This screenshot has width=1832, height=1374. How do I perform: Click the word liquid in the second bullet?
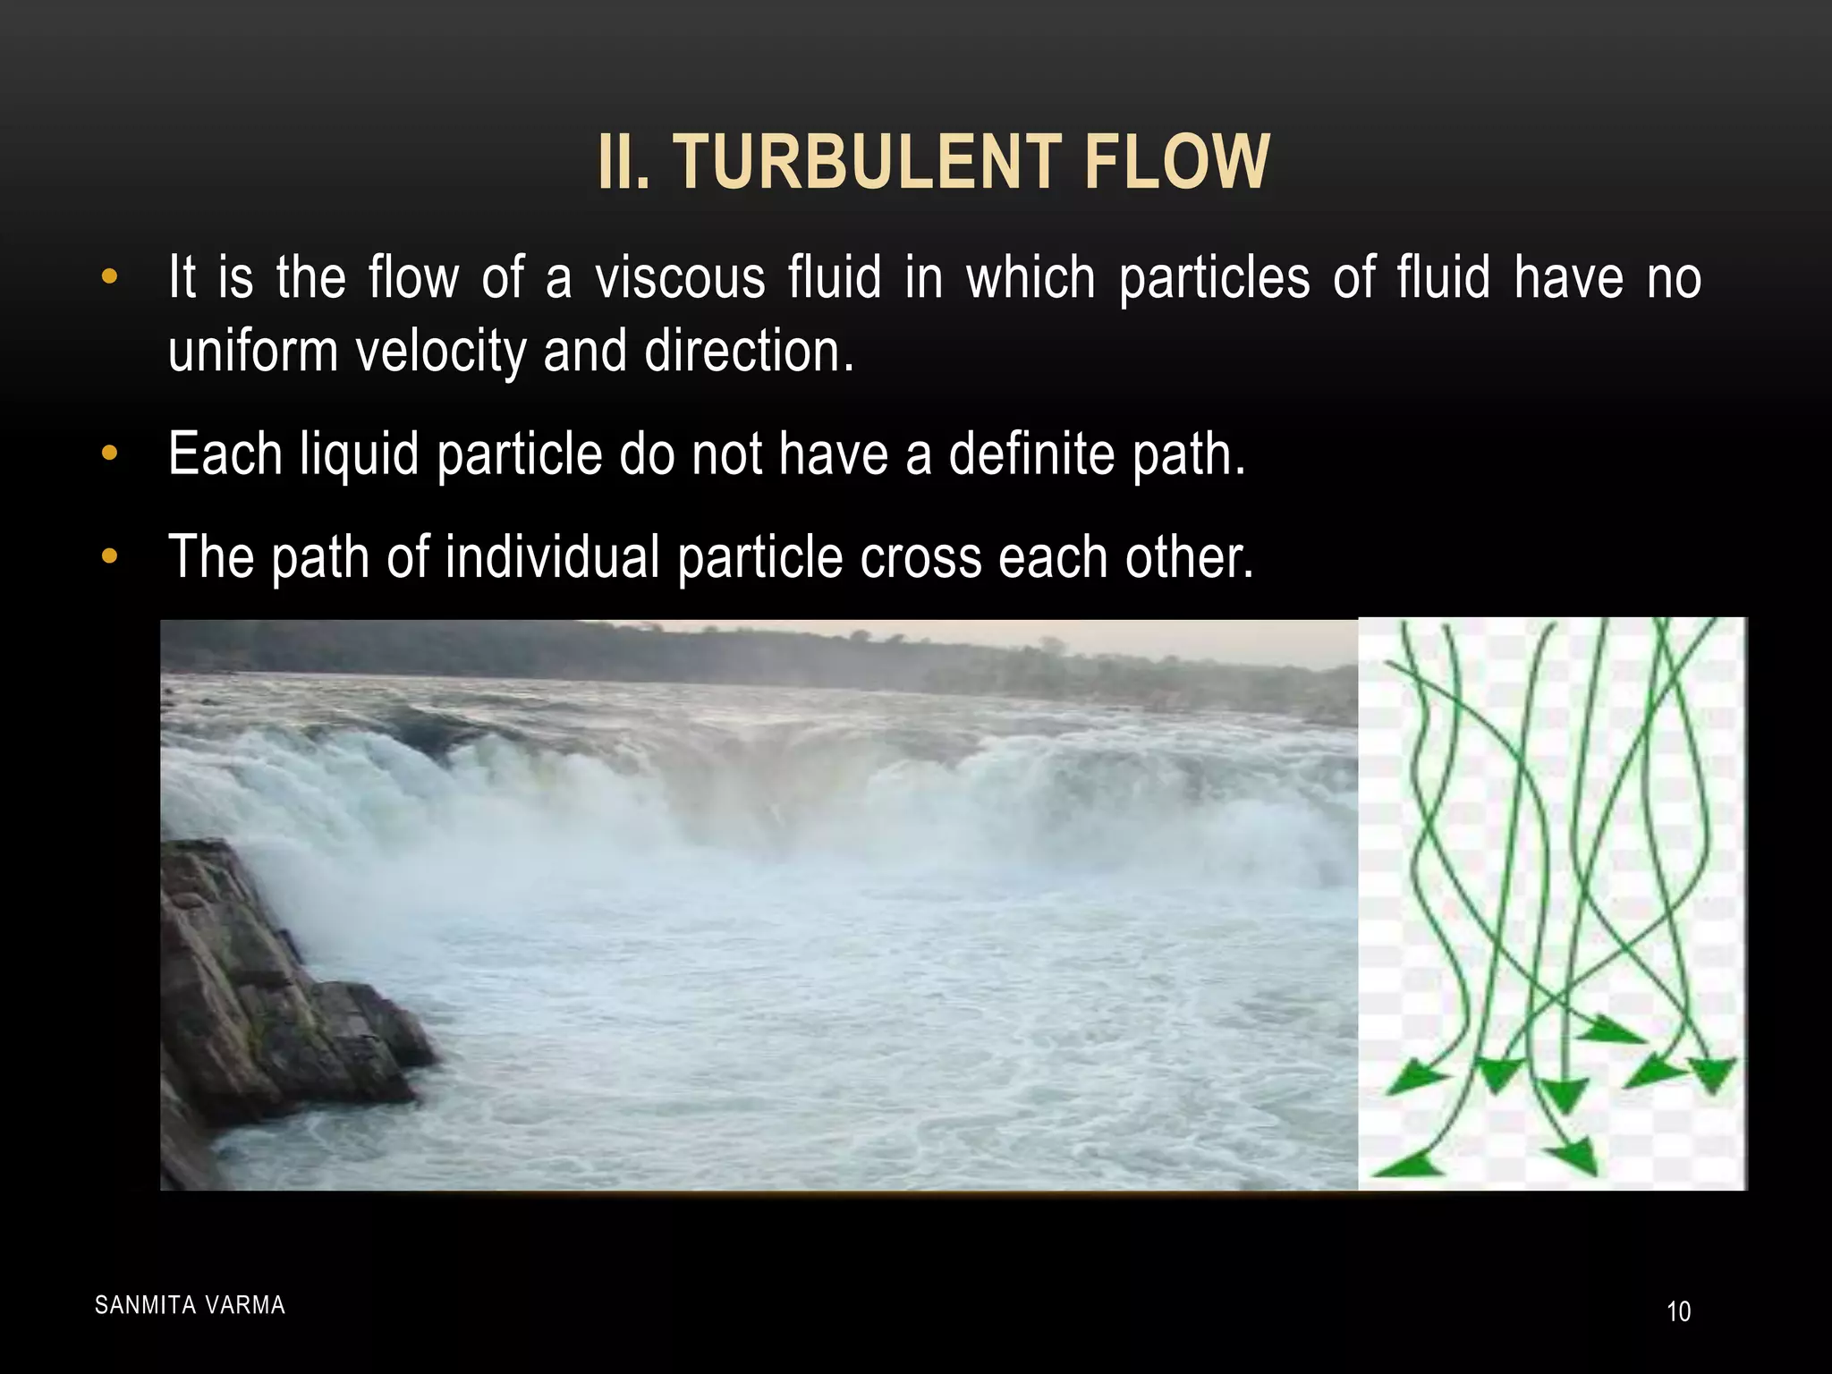pos(360,454)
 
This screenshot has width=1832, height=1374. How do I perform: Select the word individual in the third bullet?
pos(552,557)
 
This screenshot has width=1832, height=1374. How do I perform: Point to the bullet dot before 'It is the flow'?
pos(110,277)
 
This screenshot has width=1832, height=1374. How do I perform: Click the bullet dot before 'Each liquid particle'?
pos(110,454)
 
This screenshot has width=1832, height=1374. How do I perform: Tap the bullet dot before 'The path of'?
pos(110,557)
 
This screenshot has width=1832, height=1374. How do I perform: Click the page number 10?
pos(1678,1311)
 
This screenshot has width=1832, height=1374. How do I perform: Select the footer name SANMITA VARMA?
pos(190,1305)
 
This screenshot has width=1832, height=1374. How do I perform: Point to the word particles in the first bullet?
pos(1214,277)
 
